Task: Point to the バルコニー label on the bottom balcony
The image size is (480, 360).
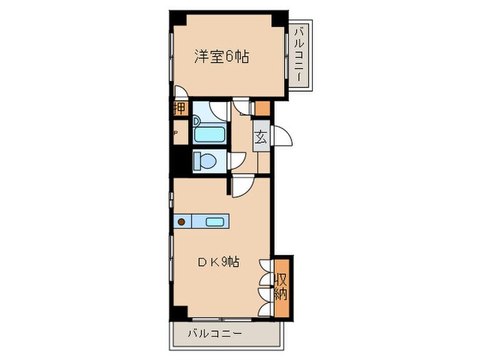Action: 215,334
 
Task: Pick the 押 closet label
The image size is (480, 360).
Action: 179,108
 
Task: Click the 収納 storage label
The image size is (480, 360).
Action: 282,287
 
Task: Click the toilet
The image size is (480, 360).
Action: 204,161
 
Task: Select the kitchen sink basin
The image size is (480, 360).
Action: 215,221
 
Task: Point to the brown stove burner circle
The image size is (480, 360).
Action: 182,221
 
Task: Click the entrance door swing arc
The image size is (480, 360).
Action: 283,137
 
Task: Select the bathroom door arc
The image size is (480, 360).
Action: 219,109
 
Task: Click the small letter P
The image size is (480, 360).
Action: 176,134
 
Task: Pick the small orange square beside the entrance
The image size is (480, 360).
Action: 263,108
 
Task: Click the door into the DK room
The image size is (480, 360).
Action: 243,186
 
